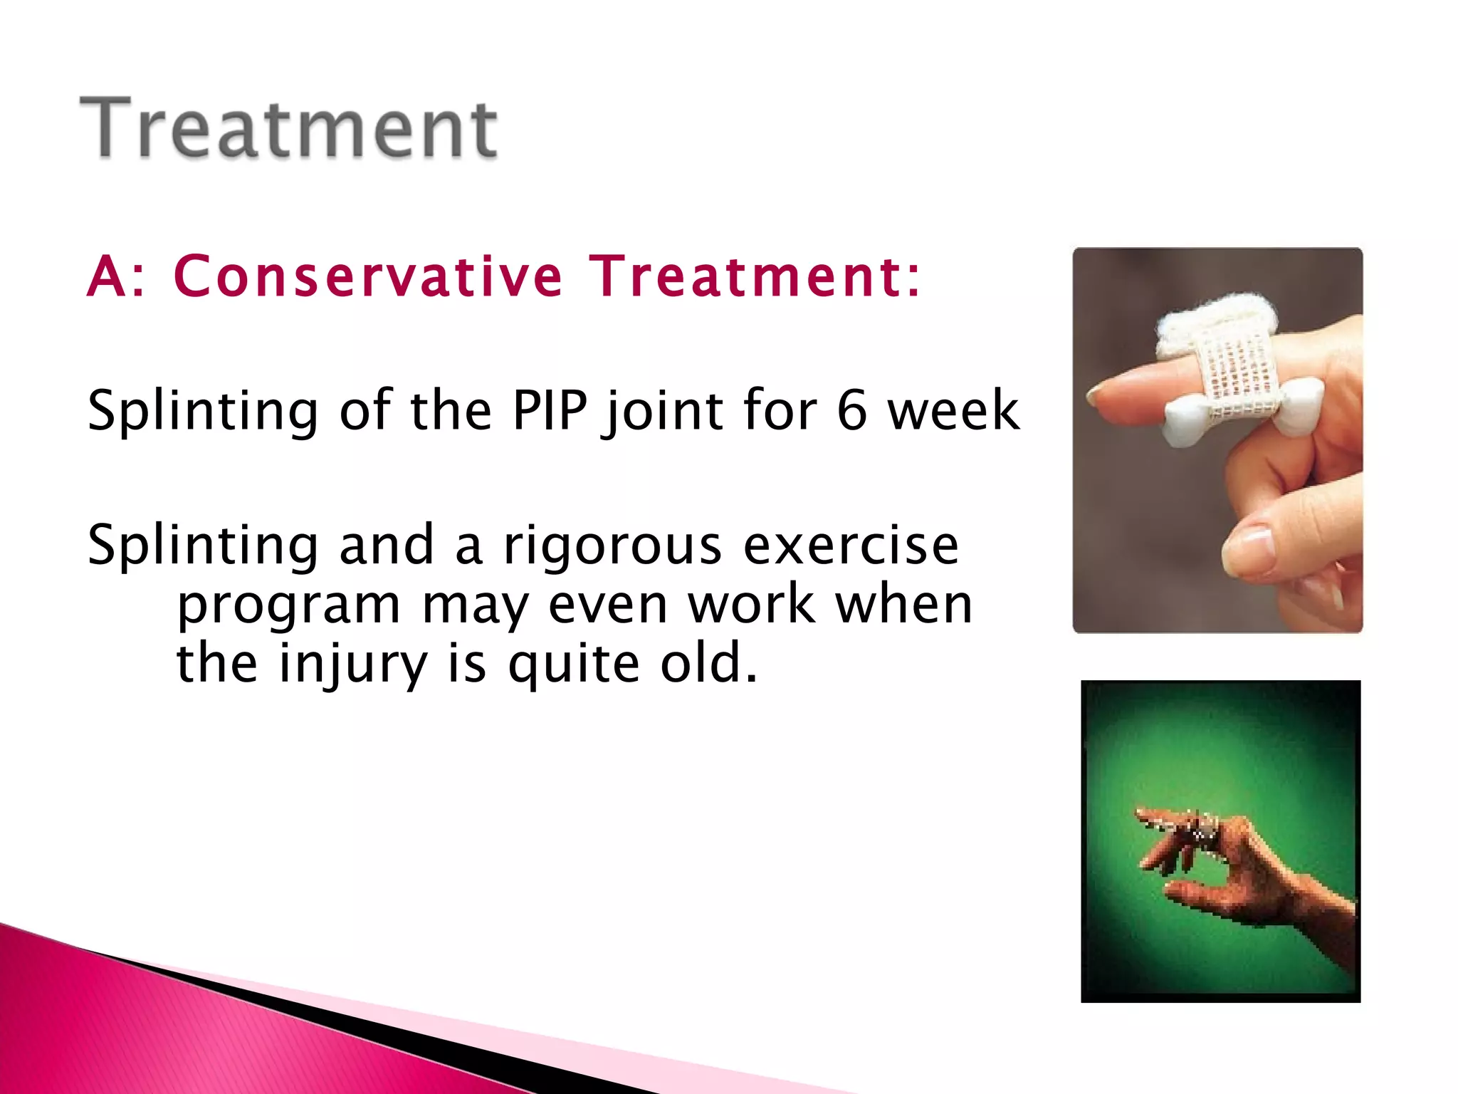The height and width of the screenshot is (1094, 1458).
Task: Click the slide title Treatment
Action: [288, 128]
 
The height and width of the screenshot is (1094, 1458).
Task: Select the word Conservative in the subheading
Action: [367, 276]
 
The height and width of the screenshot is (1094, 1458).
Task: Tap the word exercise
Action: [851, 546]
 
